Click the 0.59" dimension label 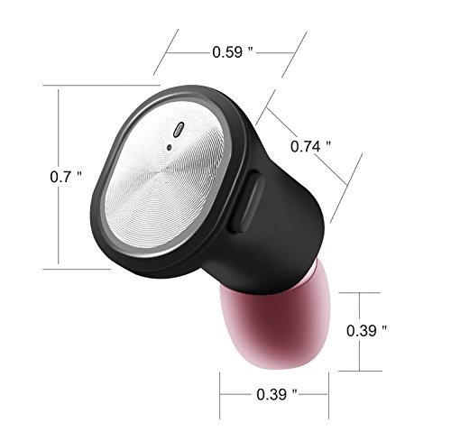click(x=233, y=52)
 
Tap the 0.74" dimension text click(x=310, y=146)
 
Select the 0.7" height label click(x=66, y=177)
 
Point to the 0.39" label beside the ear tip click(x=366, y=331)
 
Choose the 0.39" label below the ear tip click(x=277, y=394)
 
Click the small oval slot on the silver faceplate click(x=179, y=130)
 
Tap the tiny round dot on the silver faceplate click(x=170, y=147)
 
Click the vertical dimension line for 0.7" click(x=59, y=177)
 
